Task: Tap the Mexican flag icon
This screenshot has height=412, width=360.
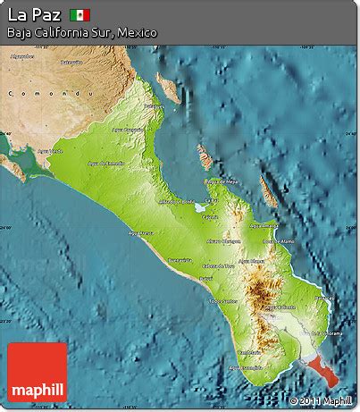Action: tap(80, 14)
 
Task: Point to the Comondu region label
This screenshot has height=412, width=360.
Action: tap(26, 92)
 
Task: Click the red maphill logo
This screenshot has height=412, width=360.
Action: tap(37, 372)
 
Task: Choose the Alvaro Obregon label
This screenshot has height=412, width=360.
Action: tap(224, 241)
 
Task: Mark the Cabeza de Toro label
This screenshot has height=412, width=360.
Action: tap(218, 265)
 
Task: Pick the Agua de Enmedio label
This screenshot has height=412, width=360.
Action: tap(106, 164)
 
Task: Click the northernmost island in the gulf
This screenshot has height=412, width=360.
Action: tap(166, 87)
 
